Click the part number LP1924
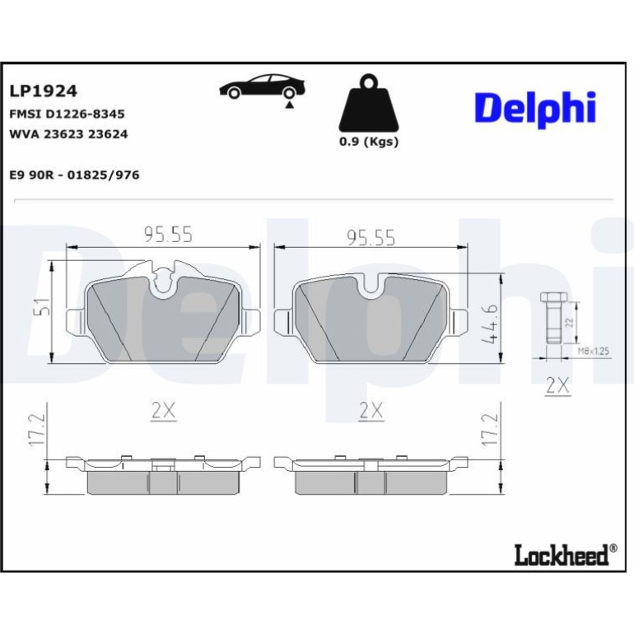[x=43, y=91]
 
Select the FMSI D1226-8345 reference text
[x=67, y=114]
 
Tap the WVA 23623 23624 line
[x=68, y=134]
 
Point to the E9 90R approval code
[x=74, y=175]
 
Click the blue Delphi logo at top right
[x=535, y=110]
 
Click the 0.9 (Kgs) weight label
[x=369, y=142]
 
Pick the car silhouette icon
[x=262, y=86]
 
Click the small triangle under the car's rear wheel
[x=289, y=105]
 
